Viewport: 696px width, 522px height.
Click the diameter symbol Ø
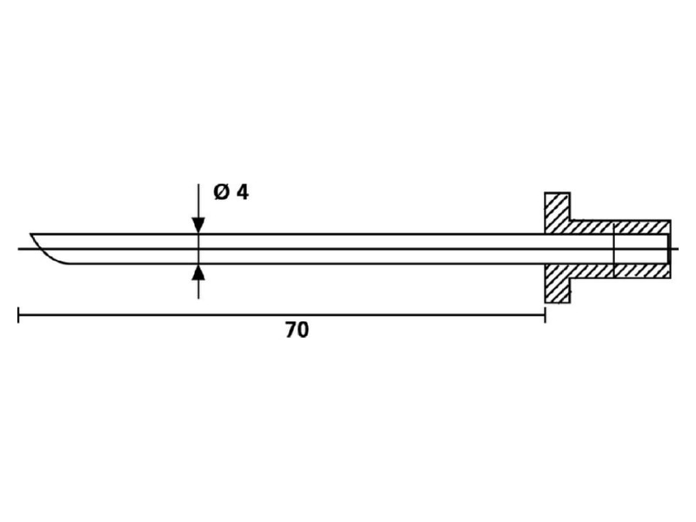click(x=223, y=192)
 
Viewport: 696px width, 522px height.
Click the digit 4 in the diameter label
click(x=243, y=192)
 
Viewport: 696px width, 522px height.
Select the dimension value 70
click(x=297, y=331)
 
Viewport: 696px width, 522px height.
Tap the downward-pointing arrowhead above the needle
click(x=198, y=225)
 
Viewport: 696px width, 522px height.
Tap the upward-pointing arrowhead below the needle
click(x=198, y=272)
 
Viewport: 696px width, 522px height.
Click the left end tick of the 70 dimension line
click(x=18, y=315)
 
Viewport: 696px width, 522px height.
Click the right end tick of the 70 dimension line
click(x=545, y=315)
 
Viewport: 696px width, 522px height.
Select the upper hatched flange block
click(x=558, y=212)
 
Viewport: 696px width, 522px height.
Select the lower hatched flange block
click(x=558, y=284)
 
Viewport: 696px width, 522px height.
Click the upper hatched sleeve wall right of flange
click(x=620, y=227)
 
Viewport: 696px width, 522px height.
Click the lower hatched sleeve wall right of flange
click(x=620, y=271)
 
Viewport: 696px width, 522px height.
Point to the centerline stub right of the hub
click(x=674, y=249)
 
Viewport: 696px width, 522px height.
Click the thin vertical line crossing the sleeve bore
click(x=613, y=249)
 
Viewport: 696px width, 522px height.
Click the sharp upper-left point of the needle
click(x=30, y=233)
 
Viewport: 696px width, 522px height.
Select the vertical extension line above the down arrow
click(x=198, y=201)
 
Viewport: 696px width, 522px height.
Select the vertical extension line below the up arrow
click(x=198, y=289)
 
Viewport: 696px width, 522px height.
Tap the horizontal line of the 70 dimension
click(x=281, y=315)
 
